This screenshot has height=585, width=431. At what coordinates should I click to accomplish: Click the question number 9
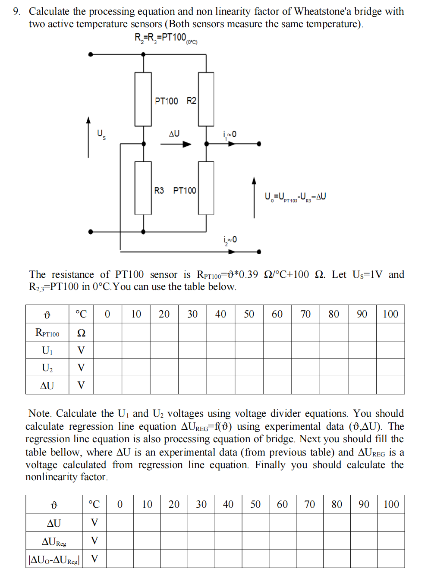click(16, 11)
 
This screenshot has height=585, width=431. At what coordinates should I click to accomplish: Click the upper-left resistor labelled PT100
click(143, 99)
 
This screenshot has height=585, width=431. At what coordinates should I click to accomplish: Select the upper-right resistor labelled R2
click(206, 99)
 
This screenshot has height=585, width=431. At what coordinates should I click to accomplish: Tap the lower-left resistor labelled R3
click(143, 188)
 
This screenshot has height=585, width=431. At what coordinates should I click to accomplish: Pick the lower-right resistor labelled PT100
click(206, 188)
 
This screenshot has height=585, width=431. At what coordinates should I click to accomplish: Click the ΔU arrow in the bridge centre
click(175, 144)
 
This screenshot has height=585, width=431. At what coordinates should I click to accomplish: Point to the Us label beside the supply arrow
click(101, 134)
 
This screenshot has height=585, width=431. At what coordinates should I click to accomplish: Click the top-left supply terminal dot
click(90, 54)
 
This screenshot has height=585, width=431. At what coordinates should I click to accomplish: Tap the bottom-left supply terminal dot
click(90, 232)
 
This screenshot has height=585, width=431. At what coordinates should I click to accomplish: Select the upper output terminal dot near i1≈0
click(259, 144)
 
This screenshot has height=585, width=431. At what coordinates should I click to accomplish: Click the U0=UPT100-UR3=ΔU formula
click(295, 197)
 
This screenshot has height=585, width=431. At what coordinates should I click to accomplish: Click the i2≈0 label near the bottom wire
click(230, 240)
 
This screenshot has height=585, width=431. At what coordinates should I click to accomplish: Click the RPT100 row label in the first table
click(47, 333)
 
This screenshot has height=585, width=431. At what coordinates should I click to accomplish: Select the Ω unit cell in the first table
click(81, 333)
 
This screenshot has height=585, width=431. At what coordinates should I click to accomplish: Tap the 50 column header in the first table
click(249, 314)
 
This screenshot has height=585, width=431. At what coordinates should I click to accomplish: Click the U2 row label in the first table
click(47, 368)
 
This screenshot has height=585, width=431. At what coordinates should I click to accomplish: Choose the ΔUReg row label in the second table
click(54, 541)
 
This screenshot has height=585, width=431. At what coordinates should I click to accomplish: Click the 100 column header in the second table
click(391, 504)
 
